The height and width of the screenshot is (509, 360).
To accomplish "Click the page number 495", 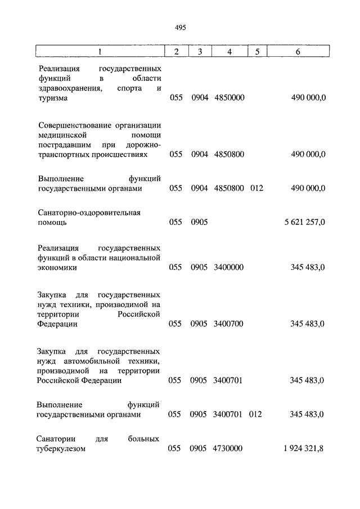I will tap(180, 27).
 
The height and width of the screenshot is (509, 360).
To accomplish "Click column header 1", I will tap(100, 52).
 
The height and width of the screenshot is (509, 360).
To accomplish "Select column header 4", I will tap(229, 52).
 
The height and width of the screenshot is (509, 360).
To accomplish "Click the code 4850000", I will tap(229, 98).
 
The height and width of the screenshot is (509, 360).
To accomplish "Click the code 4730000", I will tap(228, 448).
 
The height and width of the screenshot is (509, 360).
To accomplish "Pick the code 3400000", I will tap(228, 268).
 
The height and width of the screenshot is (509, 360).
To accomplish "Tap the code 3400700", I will tap(228, 324).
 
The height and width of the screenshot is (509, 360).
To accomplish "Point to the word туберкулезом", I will tap(62, 448).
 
